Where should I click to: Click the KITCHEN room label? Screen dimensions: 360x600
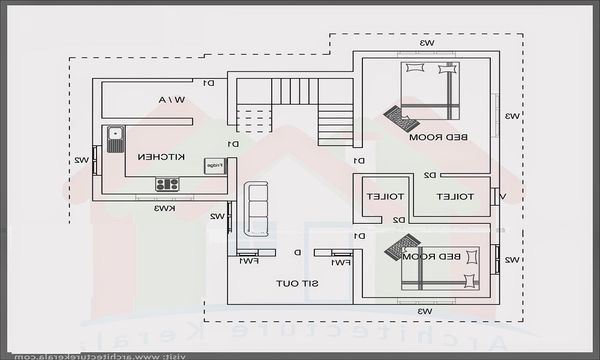161,157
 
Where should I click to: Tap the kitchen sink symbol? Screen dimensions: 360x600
114,139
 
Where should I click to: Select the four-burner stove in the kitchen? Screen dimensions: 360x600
167,184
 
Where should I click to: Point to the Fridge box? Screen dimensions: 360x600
215,165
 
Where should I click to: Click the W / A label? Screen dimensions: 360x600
172,100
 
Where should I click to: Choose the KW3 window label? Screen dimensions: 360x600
164,209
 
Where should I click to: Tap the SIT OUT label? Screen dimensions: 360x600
297,283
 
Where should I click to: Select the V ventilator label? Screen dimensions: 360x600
503,196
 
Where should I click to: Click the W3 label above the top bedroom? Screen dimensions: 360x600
427,43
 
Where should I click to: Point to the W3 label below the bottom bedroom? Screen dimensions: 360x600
425,311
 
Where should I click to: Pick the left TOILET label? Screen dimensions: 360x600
385,197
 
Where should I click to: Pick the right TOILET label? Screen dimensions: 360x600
455,197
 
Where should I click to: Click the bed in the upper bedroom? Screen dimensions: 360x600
430,90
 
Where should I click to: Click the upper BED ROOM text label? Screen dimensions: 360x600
438,137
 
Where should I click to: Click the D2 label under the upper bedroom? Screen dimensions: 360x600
430,175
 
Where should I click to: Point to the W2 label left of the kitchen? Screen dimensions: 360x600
82,160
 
